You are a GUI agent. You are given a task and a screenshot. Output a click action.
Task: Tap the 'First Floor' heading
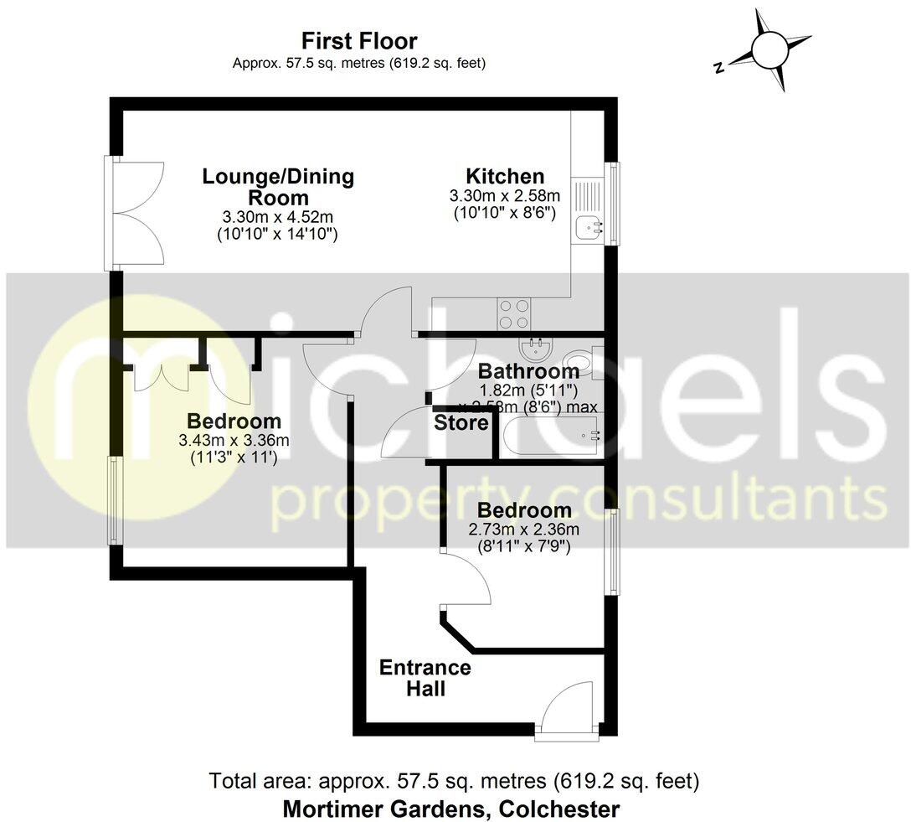[x=359, y=40]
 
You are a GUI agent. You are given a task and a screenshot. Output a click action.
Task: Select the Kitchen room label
[x=505, y=177]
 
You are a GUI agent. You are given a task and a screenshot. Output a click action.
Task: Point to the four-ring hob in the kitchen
[x=514, y=313]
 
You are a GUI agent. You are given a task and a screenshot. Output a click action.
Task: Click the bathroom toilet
[x=579, y=365]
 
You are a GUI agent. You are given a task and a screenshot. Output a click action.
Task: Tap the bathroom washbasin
[x=533, y=346]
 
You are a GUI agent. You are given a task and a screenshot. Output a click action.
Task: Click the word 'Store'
[x=461, y=424]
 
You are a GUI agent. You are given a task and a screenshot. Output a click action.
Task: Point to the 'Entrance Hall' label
[x=425, y=679]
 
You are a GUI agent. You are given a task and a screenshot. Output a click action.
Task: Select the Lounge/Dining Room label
[x=278, y=187]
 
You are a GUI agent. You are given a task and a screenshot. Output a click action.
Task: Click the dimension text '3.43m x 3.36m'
[x=234, y=441]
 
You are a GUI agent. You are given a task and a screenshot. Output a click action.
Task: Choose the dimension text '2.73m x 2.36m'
[x=524, y=530]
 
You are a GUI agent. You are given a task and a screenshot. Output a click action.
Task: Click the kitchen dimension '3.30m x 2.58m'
[x=505, y=196]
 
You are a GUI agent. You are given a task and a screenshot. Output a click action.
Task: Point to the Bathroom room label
[x=523, y=371]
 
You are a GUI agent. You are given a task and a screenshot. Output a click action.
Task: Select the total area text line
[x=453, y=782]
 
